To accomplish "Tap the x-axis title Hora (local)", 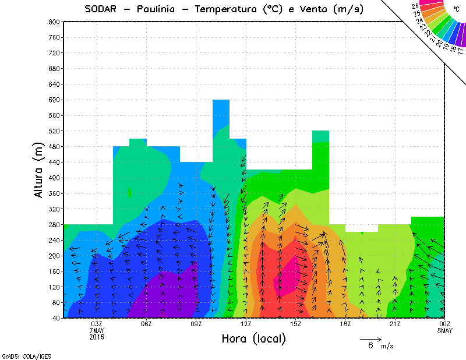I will click(253, 338).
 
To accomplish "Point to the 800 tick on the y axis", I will click(54, 22).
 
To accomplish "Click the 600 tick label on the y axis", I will click(54, 100).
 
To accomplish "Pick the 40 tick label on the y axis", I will click(55, 318).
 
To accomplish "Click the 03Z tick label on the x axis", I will click(97, 324).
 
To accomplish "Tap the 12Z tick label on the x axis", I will click(246, 324).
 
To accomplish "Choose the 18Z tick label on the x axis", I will click(345, 324).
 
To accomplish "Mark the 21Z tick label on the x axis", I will click(395, 324).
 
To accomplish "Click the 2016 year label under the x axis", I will click(97, 336).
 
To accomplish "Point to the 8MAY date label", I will click(444, 330).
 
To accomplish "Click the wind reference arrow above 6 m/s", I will click(370, 338).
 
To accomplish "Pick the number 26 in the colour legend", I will click(415, 6).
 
